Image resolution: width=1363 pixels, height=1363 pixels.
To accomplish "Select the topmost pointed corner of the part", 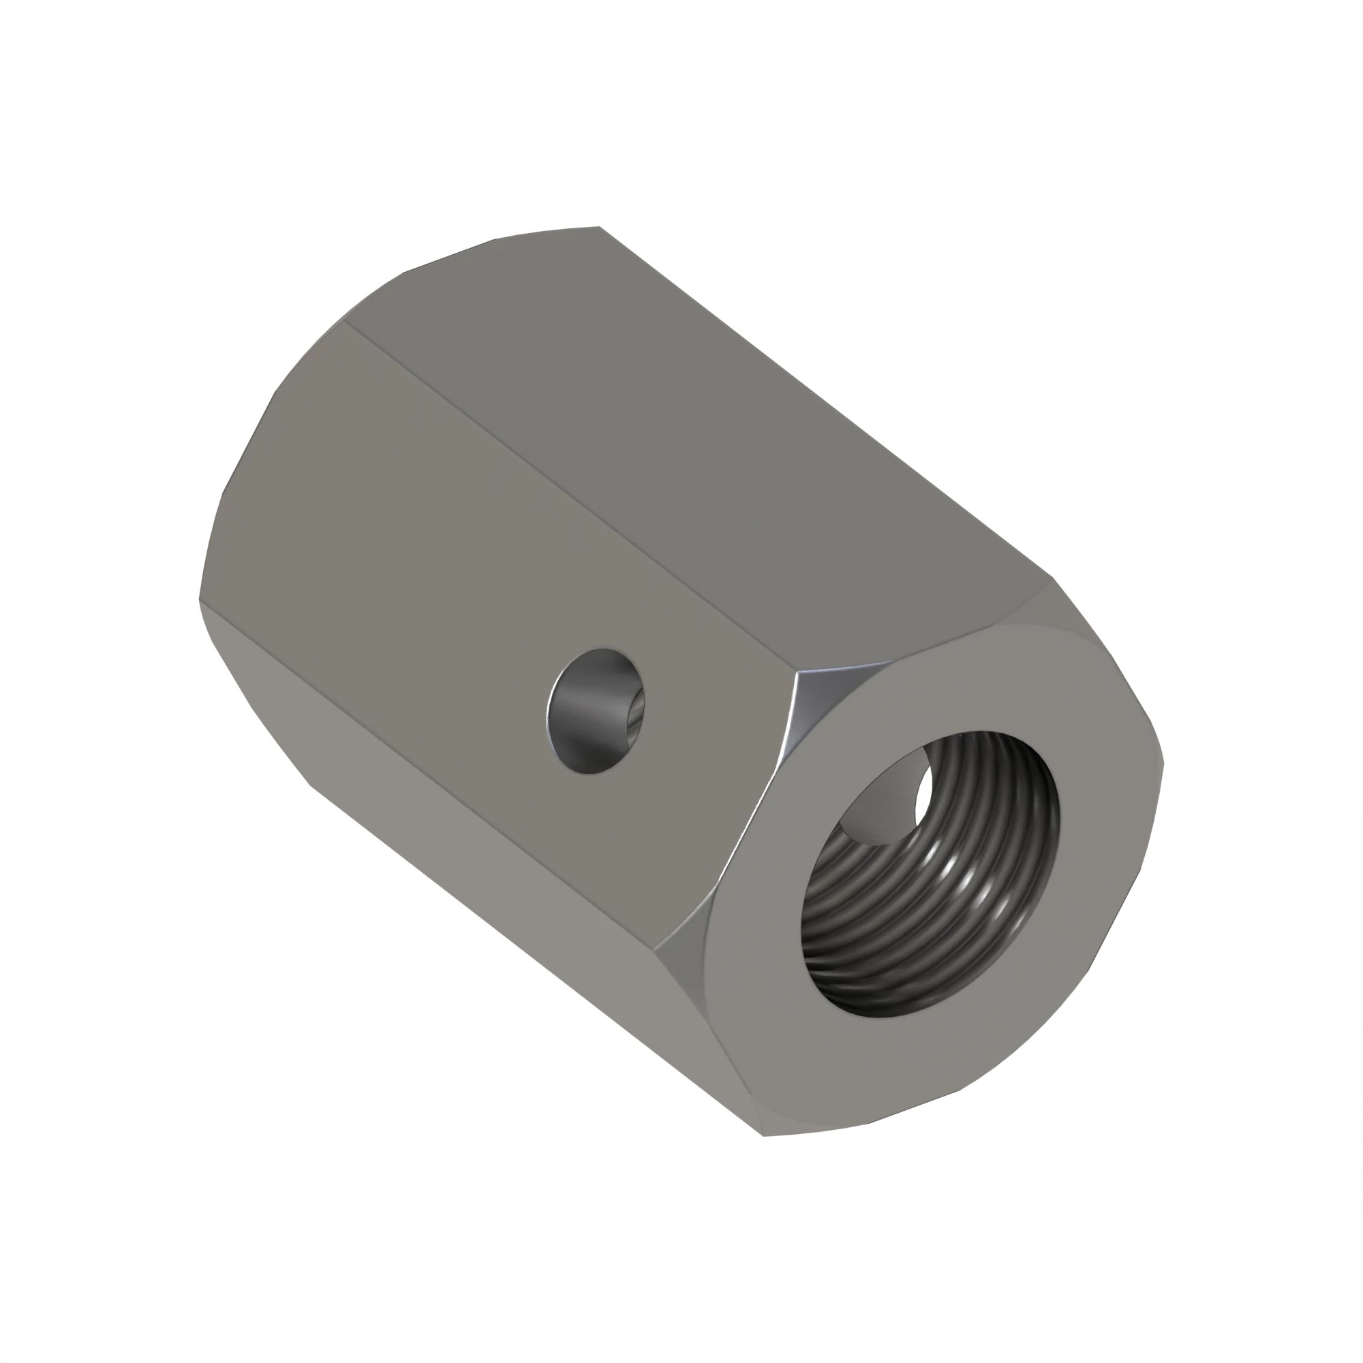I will tap(600, 227).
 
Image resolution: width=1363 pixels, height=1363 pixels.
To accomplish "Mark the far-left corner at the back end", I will tap(200, 600).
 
